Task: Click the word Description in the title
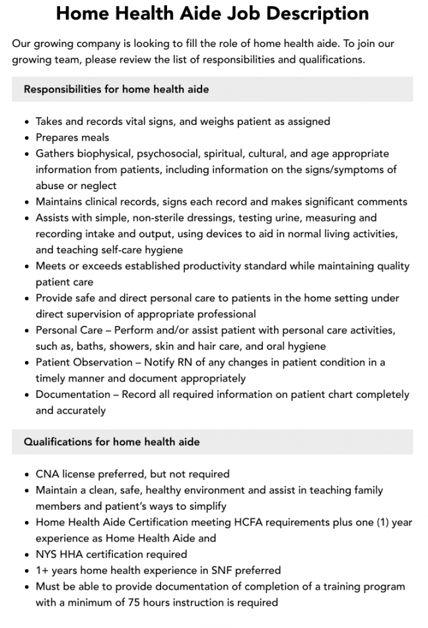(x=316, y=13)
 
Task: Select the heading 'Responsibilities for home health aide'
(x=116, y=89)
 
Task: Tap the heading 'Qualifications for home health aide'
(x=112, y=442)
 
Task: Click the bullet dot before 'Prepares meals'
(x=26, y=138)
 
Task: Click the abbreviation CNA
(x=48, y=474)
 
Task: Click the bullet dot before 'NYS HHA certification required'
(x=26, y=555)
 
